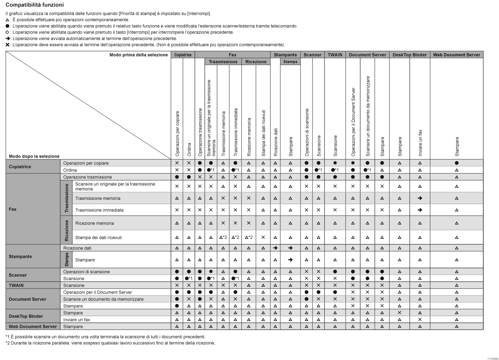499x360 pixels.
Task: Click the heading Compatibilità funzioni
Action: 35,5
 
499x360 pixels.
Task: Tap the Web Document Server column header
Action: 456,55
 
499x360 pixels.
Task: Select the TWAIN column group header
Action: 335,55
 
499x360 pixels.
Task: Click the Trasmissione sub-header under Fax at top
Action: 223,62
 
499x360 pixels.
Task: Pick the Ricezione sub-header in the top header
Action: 256,62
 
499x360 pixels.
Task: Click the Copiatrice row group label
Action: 20,167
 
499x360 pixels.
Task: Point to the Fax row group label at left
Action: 13,209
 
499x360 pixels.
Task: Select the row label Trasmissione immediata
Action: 99,210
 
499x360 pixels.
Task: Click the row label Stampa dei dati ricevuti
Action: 99,237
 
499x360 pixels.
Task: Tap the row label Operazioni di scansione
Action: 86,272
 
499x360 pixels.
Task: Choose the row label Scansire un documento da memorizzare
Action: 103,299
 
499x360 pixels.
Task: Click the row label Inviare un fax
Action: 77,320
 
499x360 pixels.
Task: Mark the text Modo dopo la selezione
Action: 34,156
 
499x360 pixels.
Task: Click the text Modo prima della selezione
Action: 138,55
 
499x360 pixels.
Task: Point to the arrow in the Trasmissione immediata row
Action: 420,210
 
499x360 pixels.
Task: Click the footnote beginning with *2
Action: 111,343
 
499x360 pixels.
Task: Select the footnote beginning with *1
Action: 105,337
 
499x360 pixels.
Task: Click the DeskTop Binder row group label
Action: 26,316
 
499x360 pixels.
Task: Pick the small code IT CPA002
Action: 492,359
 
